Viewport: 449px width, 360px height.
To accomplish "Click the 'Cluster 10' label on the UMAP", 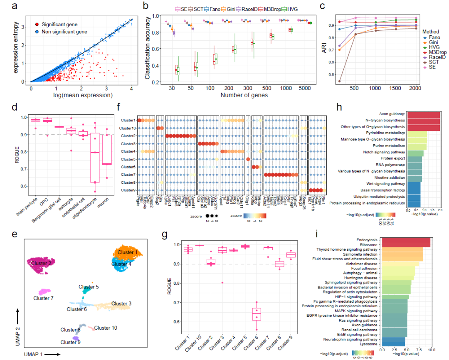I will click(x=106, y=328).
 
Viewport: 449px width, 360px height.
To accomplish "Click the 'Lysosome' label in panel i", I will click(x=368, y=344).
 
